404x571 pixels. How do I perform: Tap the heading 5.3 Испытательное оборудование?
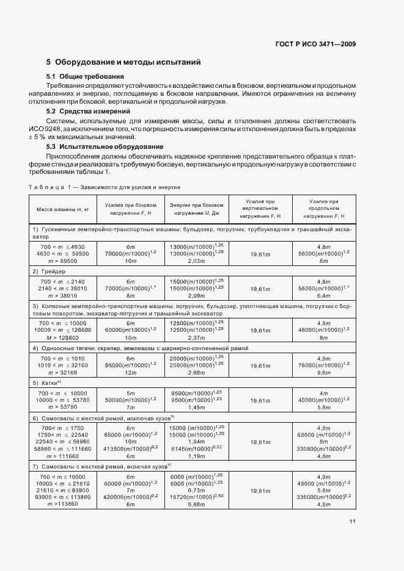coord(105,147)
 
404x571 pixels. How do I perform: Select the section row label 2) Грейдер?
coord(49,270)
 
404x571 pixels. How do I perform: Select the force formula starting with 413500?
coord(130,448)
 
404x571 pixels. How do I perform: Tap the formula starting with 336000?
coord(323,497)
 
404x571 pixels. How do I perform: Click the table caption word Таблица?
coord(46,187)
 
